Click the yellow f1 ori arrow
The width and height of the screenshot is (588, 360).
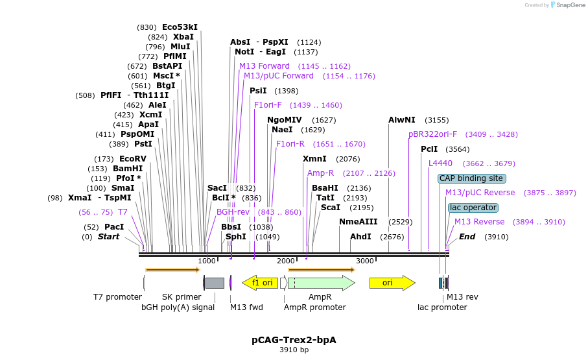coord(260,283)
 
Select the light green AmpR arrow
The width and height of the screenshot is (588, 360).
coord(321,283)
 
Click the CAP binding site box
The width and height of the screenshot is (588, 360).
coord(471,178)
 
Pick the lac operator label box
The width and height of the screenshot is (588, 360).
coord(473,208)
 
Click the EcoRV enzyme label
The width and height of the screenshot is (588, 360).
coord(133,159)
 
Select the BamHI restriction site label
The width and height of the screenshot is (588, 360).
coord(128,169)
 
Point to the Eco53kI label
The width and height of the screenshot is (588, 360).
coord(180,27)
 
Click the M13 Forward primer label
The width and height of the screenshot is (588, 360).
coord(265,66)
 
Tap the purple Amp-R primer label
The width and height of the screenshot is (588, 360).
coord(320,173)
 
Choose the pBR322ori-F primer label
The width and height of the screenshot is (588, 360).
coord(432,134)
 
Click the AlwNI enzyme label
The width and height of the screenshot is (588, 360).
coord(402,120)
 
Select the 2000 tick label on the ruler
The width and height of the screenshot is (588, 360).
coord(286,261)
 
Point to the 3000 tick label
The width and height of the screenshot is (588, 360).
coord(365,261)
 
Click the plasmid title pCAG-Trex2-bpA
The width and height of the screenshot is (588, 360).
coord(294,340)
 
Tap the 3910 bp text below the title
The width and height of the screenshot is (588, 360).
coord(294,350)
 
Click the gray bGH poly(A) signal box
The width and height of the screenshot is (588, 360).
coord(215,283)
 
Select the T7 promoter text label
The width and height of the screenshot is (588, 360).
coord(117,297)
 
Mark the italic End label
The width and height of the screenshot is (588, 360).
coord(467,237)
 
